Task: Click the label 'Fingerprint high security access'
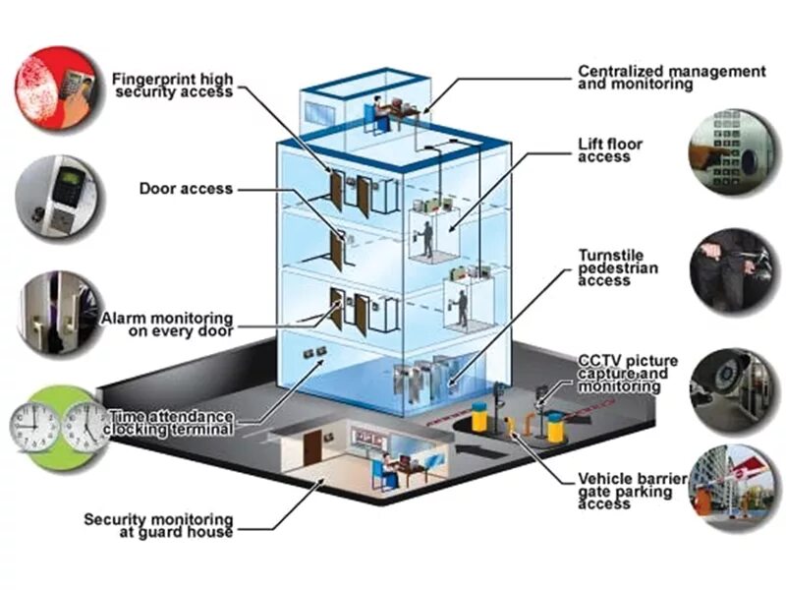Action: click(x=172, y=85)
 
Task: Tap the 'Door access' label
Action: click(x=186, y=188)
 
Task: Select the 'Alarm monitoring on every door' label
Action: click(x=167, y=324)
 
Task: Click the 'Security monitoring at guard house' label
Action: click(x=158, y=525)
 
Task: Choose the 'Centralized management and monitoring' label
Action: click(x=671, y=78)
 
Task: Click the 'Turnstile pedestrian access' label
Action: click(x=617, y=267)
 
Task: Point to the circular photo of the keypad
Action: click(x=729, y=151)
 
